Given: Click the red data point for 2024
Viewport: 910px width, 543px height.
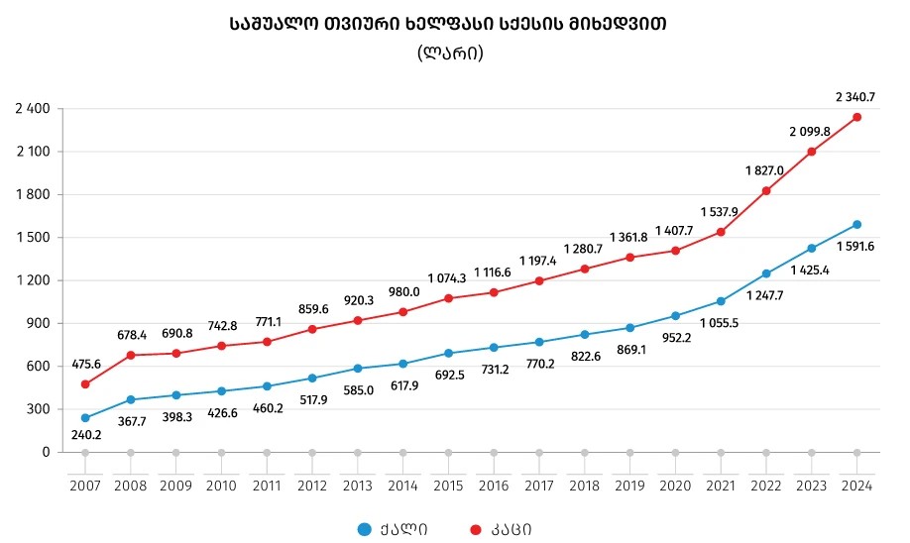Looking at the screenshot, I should [856, 117].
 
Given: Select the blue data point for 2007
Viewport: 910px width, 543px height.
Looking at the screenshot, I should [85, 418].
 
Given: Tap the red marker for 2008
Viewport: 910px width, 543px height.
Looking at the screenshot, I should [131, 355].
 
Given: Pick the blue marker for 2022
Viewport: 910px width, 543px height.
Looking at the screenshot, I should [766, 273].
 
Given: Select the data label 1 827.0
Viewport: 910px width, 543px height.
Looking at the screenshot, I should [765, 170].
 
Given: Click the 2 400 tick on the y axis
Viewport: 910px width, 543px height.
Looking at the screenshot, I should [33, 109].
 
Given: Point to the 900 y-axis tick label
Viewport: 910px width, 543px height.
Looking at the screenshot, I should [39, 323].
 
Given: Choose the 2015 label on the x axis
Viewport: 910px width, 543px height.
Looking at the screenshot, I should [448, 486].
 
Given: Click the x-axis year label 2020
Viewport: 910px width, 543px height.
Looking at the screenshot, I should [675, 486].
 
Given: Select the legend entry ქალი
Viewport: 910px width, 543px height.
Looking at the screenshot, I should [397, 529].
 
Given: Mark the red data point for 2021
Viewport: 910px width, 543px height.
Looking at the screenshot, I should [721, 232].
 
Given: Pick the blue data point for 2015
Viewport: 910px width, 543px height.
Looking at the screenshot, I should [448, 353].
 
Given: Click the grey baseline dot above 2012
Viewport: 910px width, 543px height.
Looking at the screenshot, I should [312, 452].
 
